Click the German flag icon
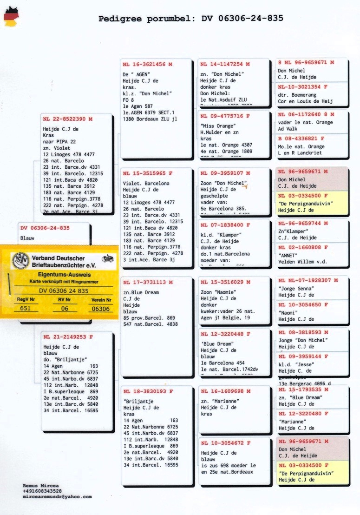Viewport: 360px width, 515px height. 11,17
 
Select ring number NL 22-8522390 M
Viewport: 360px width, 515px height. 68,119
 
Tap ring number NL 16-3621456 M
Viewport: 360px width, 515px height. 147,64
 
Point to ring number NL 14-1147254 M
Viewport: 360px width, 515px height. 225,64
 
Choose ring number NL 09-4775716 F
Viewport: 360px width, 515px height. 225,116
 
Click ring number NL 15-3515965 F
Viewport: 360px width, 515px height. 147,173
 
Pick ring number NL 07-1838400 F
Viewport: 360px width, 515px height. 225,225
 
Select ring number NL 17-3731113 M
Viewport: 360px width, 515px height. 147,282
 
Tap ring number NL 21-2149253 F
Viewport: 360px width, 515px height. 68,337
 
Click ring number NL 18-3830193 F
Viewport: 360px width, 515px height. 147,391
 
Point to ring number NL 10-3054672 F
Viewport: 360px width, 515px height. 225,443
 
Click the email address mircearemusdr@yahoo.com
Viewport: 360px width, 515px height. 57,497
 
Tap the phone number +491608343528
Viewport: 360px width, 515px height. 42,491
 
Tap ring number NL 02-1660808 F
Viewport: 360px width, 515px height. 303,248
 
